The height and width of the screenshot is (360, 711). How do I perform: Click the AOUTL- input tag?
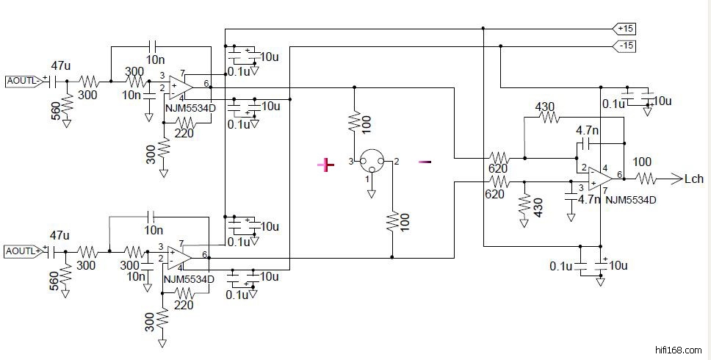pyautogui.click(x=23, y=80)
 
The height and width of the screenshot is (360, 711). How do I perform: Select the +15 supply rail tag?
pyautogui.click(x=625, y=28)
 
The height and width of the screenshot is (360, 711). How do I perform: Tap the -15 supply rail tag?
pyautogui.click(x=625, y=46)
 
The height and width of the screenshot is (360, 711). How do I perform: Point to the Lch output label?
pyautogui.click(x=693, y=178)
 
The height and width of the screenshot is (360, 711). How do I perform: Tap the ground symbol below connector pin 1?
pyautogui.click(x=372, y=192)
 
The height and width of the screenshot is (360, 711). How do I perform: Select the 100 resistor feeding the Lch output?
pyautogui.click(x=646, y=178)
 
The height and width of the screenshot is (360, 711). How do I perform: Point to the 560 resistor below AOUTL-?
pyautogui.click(x=67, y=107)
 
